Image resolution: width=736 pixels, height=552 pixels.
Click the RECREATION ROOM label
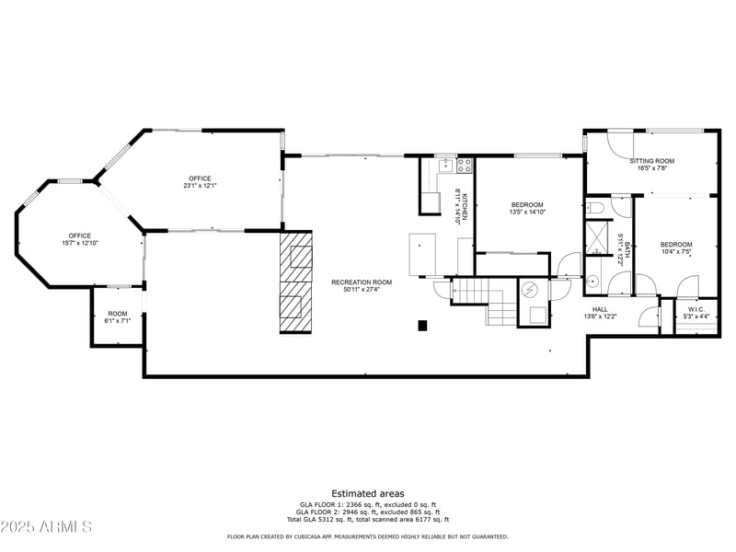362,282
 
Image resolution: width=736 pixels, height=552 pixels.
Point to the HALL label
600,309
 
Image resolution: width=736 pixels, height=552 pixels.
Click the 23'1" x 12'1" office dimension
200,186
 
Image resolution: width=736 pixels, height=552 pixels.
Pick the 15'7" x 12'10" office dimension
79,243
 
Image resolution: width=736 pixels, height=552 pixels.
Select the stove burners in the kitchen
465,166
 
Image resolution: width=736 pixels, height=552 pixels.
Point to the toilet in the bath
596,208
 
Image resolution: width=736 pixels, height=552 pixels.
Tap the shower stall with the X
599,238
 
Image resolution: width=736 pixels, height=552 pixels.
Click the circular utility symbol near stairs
529,289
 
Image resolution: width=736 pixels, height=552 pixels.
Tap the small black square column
422,325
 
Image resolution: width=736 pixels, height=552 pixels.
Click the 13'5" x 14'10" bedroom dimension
527,212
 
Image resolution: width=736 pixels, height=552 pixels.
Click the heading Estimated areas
367,494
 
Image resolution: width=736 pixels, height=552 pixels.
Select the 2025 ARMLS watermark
46,527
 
